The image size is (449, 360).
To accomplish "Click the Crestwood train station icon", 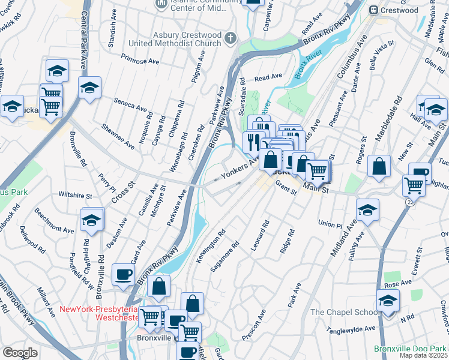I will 373,10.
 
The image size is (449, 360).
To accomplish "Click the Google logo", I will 20,353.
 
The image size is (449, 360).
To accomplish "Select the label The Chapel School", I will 345,312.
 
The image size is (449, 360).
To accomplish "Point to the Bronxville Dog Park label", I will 411,349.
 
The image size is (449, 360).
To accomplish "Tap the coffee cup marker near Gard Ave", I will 123,275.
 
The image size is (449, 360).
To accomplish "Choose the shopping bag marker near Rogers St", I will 379,167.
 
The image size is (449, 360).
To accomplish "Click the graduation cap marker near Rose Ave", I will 388,301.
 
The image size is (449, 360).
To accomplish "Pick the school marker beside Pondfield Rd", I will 92,221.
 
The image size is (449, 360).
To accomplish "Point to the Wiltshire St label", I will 74,195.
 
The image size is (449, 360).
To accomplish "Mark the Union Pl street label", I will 330,224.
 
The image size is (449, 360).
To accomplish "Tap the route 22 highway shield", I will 410,203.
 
